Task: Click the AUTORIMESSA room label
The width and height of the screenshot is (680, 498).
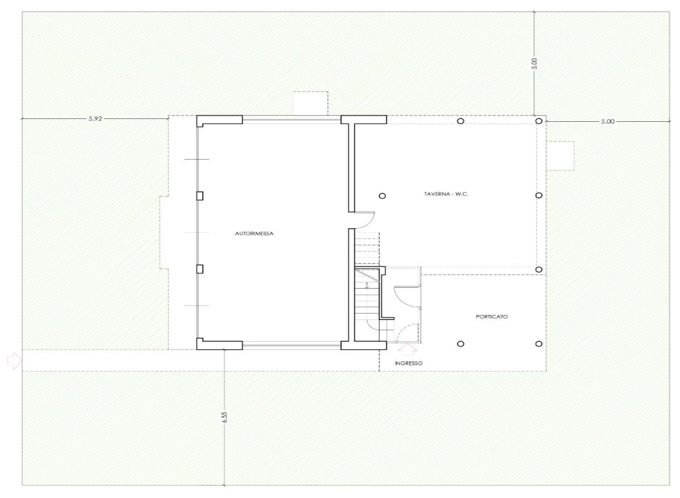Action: (254, 233)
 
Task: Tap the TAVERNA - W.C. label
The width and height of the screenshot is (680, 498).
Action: (447, 194)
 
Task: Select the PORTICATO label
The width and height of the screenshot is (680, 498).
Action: (492, 317)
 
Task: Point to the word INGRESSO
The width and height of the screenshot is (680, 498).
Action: (409, 363)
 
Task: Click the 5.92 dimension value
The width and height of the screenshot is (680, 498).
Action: (95, 118)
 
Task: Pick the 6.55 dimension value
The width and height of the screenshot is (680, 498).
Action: (224, 417)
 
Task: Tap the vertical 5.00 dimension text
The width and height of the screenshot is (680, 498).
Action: (534, 63)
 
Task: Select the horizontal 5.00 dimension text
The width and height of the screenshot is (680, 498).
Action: (607, 121)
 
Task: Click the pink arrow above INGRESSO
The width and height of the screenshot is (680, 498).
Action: (407, 349)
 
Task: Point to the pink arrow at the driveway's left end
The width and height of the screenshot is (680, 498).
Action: (15, 361)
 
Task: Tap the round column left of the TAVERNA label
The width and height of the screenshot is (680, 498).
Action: (382, 195)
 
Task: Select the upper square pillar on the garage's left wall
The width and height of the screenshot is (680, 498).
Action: (199, 195)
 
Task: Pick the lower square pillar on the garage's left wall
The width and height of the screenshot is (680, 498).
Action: (199, 269)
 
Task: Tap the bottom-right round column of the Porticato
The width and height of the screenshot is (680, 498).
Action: (539, 344)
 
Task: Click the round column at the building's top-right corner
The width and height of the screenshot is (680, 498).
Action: (539, 121)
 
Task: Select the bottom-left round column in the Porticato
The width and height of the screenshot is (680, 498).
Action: (461, 344)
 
